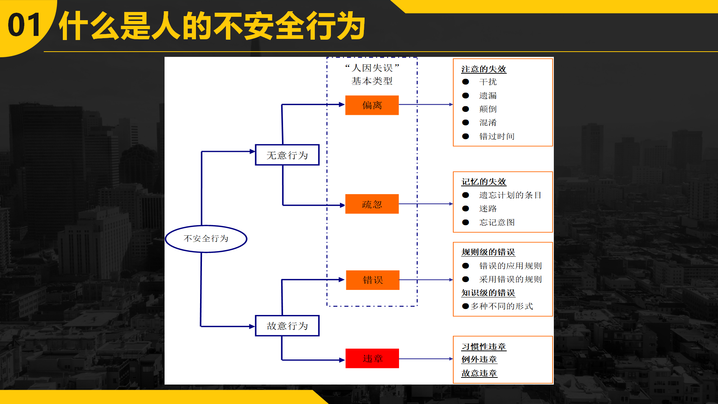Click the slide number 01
[x=24, y=25]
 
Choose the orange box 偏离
[x=372, y=105]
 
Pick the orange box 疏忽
[x=372, y=204]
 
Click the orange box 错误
[x=373, y=280]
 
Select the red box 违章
[x=372, y=358]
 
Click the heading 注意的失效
[x=484, y=69]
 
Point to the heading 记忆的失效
[x=484, y=181]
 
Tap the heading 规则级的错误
[x=488, y=252]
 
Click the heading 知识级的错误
[x=488, y=293]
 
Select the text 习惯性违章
[x=484, y=346]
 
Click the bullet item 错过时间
[x=497, y=136]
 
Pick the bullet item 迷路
[x=488, y=208]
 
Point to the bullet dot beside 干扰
[x=466, y=82]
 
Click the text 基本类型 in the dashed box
[x=372, y=81]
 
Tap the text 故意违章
[x=479, y=373]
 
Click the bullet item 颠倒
[x=488, y=109]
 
